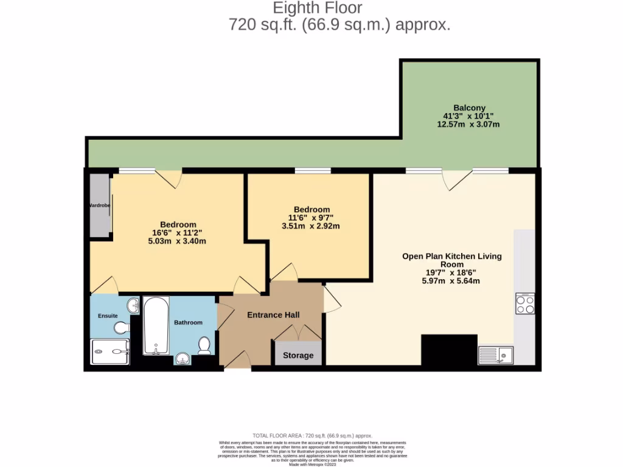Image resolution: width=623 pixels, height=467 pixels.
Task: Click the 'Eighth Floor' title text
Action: tap(317, 8)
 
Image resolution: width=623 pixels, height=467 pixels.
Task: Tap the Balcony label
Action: tap(469, 108)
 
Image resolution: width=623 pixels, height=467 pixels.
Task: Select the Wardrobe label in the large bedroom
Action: tap(99, 206)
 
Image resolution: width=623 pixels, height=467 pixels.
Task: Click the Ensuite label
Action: tap(108, 316)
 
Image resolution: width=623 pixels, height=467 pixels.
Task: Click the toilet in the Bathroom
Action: tap(204, 345)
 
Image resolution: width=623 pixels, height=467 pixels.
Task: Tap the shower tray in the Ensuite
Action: tap(110, 351)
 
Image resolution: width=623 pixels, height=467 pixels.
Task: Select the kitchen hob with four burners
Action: tap(524, 303)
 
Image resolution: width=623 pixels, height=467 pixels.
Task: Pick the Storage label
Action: tap(298, 355)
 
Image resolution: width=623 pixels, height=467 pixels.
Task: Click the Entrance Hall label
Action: tap(273, 315)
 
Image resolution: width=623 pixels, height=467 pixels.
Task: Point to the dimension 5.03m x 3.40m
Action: tap(177, 241)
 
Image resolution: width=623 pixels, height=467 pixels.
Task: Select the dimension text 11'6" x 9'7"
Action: tap(311, 218)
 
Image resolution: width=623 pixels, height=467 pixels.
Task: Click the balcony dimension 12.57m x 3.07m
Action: tap(468, 125)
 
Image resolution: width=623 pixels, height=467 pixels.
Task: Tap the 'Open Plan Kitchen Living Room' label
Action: tap(451, 260)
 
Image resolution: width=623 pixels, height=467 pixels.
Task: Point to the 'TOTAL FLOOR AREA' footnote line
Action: tap(312, 436)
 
